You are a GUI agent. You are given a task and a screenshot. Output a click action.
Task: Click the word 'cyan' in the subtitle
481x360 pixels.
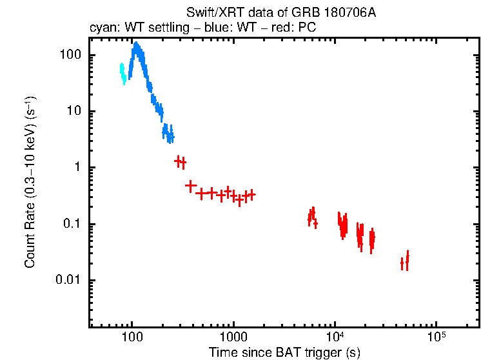click(101, 28)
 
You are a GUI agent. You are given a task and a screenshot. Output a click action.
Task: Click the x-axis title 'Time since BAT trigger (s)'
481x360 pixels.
click(284, 352)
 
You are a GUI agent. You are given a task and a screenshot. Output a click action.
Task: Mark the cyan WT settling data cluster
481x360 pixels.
click(123, 73)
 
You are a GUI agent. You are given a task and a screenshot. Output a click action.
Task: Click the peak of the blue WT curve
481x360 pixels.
click(136, 45)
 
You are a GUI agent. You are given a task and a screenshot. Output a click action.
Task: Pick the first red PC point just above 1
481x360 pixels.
click(178, 161)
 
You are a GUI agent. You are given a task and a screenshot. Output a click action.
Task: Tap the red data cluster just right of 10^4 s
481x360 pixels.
click(342, 224)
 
